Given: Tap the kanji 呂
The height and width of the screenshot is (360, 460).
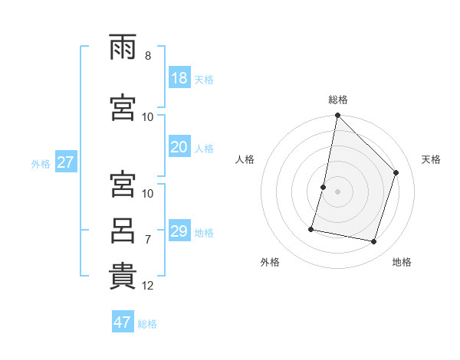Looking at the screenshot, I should [123, 231].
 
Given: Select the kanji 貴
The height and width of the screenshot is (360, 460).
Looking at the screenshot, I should [123, 277].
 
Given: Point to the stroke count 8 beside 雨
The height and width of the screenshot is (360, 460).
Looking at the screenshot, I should [148, 56].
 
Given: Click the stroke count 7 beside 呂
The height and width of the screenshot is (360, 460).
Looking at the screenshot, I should [148, 239].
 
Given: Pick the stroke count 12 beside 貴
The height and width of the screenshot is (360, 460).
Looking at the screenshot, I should [148, 286].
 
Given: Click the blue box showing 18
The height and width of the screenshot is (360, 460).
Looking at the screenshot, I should [179, 78].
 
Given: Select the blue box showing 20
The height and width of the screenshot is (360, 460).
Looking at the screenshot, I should [179, 147].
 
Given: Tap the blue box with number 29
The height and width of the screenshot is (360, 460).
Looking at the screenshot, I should [179, 231].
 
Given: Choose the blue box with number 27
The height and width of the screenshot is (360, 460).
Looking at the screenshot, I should [65, 162].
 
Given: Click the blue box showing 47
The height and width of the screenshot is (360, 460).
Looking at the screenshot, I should [123, 322].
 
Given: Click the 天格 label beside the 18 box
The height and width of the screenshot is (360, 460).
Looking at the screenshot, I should [204, 79].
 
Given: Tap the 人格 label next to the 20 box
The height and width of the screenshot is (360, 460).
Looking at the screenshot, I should [204, 148].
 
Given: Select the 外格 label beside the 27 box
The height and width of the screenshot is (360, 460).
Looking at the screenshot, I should [41, 163].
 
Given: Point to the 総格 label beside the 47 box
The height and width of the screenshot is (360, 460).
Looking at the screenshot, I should [147, 323].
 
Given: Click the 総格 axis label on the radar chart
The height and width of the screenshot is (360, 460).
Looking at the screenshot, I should [338, 100].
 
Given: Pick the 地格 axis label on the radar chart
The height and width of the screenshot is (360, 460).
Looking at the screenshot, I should [402, 262].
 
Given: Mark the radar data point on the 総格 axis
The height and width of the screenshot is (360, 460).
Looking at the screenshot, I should [338, 116].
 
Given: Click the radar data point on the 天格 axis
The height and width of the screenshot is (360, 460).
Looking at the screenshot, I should [396, 172].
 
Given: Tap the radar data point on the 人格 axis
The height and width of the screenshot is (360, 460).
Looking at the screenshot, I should [324, 187].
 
